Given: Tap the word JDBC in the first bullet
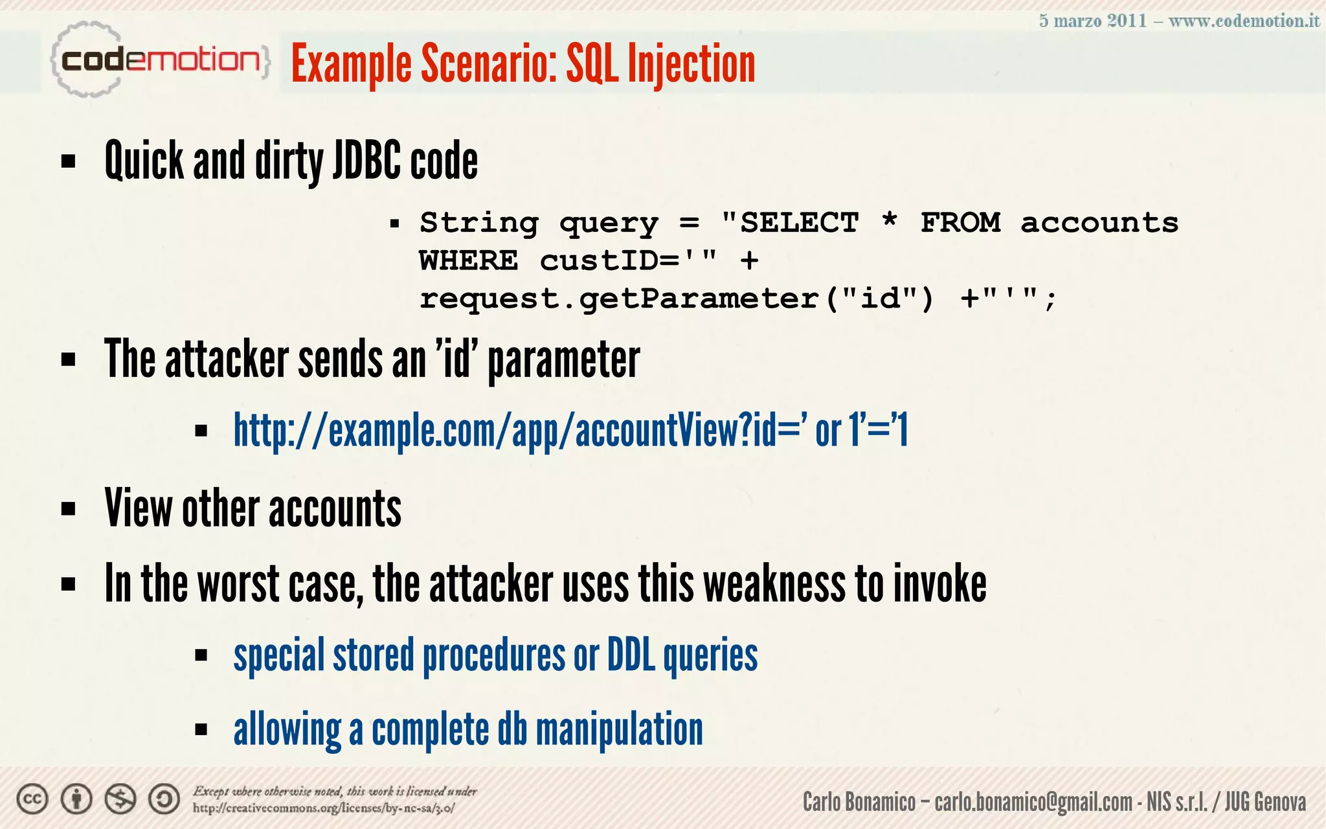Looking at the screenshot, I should coord(367,161).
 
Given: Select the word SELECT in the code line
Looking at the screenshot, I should coord(800,223).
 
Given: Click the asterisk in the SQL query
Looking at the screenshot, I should coord(890,221).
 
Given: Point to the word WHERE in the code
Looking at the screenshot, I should coord(469,261).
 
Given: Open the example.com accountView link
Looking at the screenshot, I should coord(570,431).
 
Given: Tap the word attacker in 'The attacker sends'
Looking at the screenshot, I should coord(227,359).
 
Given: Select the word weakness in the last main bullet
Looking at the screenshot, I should coord(774,584).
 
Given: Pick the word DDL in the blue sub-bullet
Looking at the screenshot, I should coord(631,655).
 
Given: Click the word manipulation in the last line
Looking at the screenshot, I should coord(619,729).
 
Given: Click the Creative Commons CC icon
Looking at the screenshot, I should coord(32,799).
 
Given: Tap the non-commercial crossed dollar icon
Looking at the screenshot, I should coord(120,799).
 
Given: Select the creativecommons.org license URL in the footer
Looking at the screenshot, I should coord(324,808).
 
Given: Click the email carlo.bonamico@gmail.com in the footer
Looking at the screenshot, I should coord(1033,802).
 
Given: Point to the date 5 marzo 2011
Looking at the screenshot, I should coord(1092,21).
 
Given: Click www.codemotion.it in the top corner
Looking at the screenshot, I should coord(1244,21).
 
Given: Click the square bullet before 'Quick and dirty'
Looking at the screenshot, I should coord(68,161).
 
